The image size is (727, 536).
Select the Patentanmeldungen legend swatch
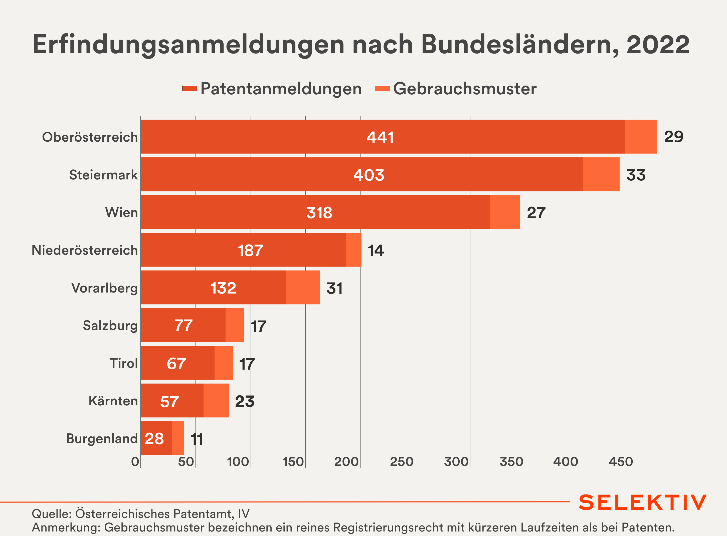(x=190, y=89)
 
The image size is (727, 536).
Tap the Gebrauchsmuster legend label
(x=464, y=89)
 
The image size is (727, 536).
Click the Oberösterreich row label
(x=90, y=137)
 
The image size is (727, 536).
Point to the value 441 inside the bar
(x=380, y=137)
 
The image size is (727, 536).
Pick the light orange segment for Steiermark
(x=601, y=175)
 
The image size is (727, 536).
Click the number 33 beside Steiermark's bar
(x=636, y=175)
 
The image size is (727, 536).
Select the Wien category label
(x=121, y=212)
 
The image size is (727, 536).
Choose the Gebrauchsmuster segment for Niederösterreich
(x=354, y=250)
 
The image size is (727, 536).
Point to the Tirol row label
(x=123, y=363)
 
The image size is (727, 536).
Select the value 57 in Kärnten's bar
(x=169, y=401)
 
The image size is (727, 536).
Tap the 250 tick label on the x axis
(x=402, y=462)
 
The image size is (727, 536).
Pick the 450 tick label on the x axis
(x=621, y=462)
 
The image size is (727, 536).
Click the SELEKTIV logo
(x=643, y=502)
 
